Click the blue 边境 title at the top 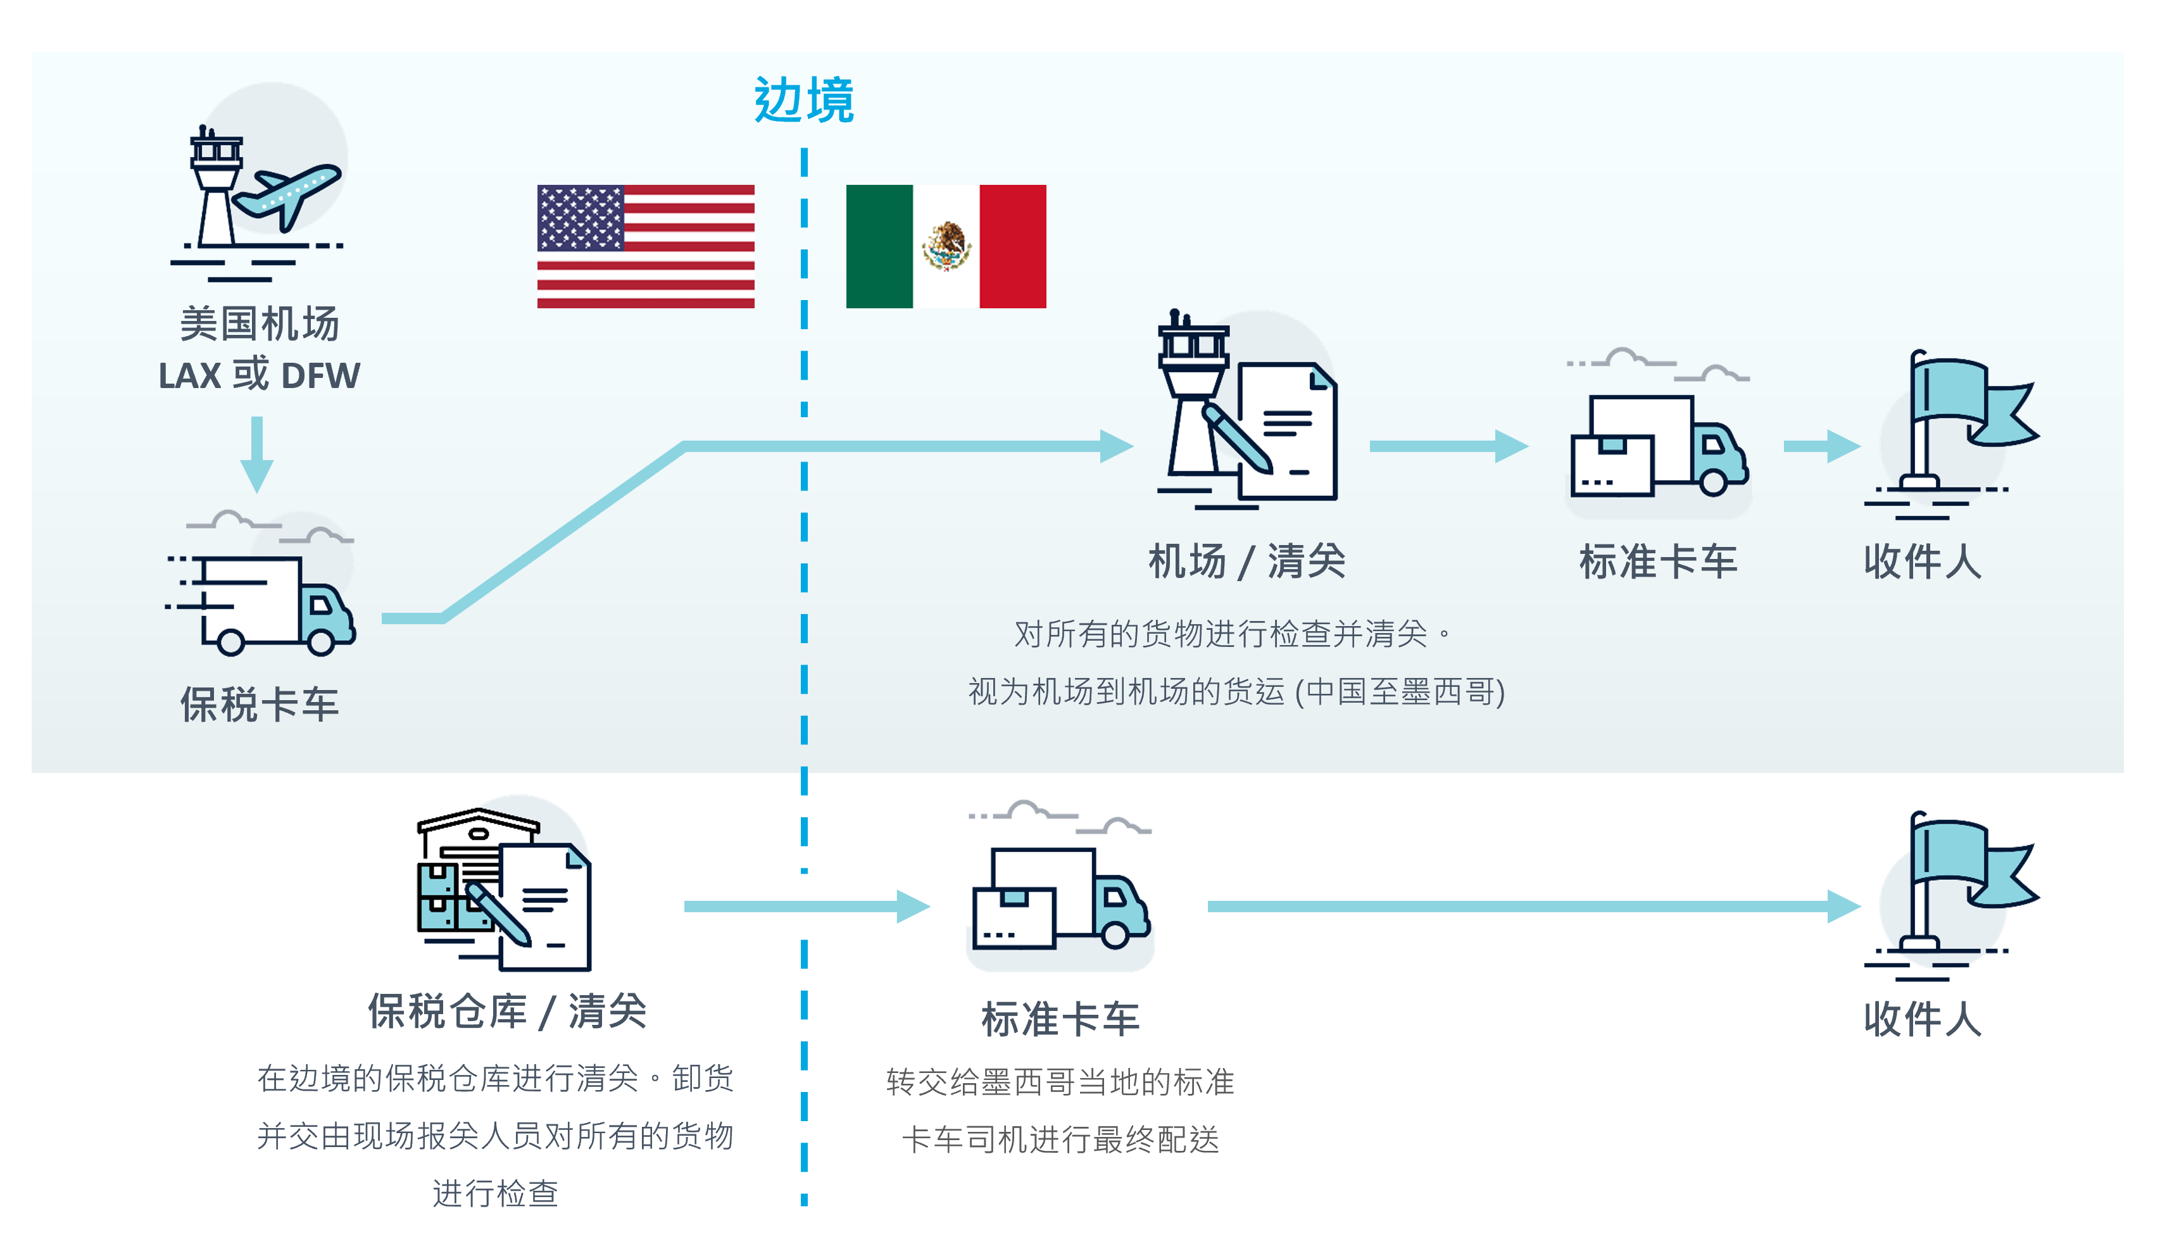[803, 100]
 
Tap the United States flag [646, 246]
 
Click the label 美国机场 [259, 324]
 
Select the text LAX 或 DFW [259, 375]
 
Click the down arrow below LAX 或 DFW [256, 455]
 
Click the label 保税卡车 [259, 705]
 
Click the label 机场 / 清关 [1246, 562]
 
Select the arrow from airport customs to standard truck [1448, 446]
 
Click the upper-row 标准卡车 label [1658, 562]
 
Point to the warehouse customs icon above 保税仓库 [504, 889]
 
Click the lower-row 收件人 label [1923, 1019]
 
